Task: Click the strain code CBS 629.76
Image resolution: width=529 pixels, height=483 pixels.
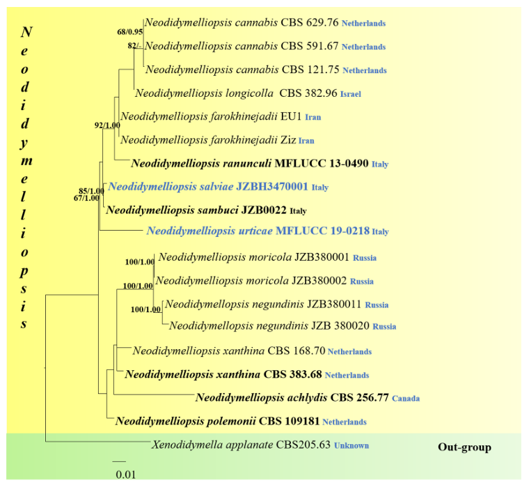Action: coord(310,22)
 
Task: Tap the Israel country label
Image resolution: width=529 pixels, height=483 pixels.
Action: coord(351,94)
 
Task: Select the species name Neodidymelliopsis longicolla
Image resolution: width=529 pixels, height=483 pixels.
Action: coord(204,93)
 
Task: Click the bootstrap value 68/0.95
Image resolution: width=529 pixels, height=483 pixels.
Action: coord(130,32)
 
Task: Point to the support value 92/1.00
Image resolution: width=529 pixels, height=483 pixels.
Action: coord(107,125)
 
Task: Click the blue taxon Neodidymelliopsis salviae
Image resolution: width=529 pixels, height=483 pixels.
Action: coord(171,187)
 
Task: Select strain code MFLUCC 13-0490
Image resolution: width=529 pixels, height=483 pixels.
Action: coord(322,164)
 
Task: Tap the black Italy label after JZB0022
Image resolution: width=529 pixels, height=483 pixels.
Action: coord(298,211)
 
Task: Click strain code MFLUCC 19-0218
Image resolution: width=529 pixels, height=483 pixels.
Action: coord(322,231)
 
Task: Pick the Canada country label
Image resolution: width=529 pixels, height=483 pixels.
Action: coord(406,399)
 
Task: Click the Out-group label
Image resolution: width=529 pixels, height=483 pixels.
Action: coord(464,447)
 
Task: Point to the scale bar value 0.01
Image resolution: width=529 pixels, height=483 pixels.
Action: coord(126,475)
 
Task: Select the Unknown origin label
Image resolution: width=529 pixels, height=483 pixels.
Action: coord(352,445)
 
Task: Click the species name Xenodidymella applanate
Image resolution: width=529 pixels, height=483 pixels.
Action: coord(212,445)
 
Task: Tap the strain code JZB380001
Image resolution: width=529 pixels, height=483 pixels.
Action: coord(322,257)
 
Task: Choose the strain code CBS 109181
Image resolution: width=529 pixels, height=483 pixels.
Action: coord(289,421)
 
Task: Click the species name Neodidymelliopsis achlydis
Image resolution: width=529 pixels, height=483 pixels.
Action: coord(262,397)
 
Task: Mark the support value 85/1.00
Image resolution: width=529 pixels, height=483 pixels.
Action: coord(91,192)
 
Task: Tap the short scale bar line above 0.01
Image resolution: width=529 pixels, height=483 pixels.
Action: coord(119,461)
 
